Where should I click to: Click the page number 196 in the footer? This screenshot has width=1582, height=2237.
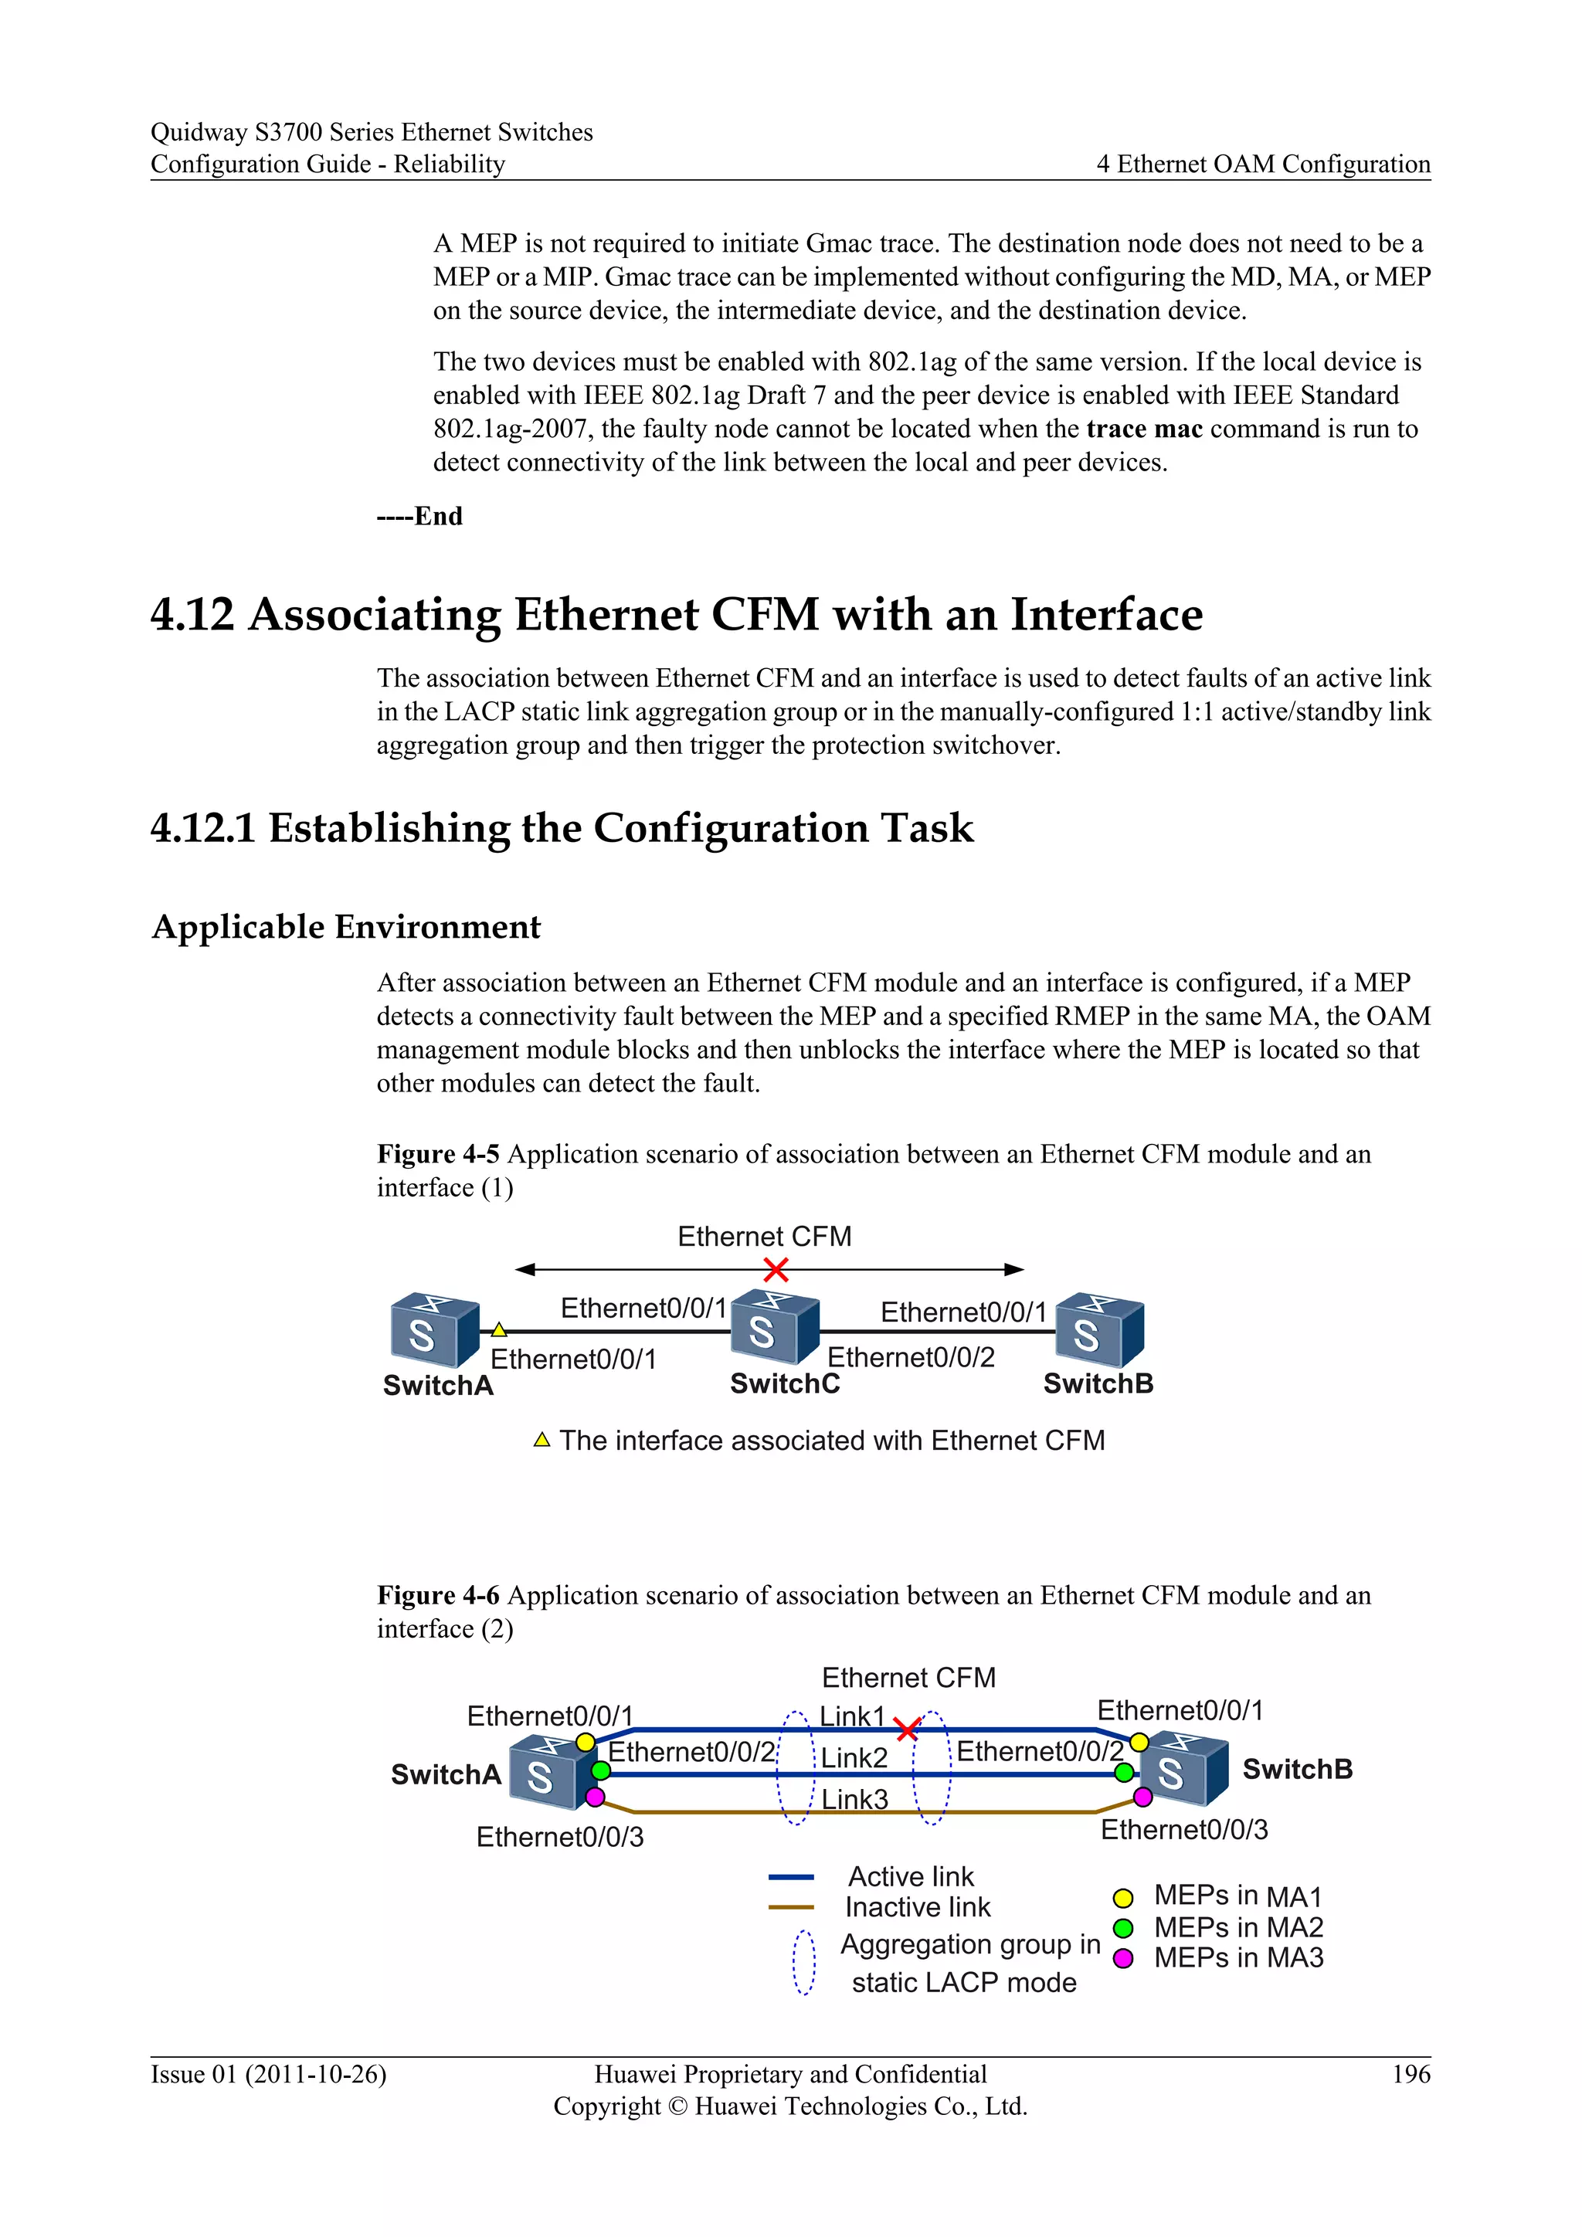pyautogui.click(x=1411, y=2074)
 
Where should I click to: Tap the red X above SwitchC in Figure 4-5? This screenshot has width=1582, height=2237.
pyautogui.click(x=776, y=1270)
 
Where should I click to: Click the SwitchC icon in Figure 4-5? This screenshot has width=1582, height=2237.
pyautogui.click(x=775, y=1327)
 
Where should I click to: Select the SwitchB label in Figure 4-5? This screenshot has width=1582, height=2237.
pyautogui.click(x=1098, y=1383)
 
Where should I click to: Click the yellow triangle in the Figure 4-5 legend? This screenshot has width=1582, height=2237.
pyautogui.click(x=542, y=1440)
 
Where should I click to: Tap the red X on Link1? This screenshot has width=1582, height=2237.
pyautogui.click(x=907, y=1730)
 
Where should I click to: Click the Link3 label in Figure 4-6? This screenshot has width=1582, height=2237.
pyautogui.click(x=854, y=1800)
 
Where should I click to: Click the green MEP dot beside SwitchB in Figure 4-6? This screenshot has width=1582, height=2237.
pyautogui.click(x=1124, y=1772)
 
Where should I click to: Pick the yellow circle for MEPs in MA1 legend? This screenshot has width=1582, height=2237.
pyautogui.click(x=1122, y=1898)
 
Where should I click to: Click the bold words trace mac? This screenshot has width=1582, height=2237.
pyautogui.click(x=1145, y=429)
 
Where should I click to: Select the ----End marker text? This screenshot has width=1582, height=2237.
pyautogui.click(x=420, y=517)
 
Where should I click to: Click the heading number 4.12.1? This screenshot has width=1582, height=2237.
pyautogui.click(x=202, y=828)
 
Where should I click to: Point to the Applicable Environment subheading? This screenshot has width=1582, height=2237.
pyautogui.click(x=346, y=927)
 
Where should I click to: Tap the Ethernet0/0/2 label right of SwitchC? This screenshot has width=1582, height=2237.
pyautogui.click(x=911, y=1357)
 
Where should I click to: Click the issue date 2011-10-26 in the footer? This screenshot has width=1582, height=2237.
pyautogui.click(x=316, y=2074)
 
